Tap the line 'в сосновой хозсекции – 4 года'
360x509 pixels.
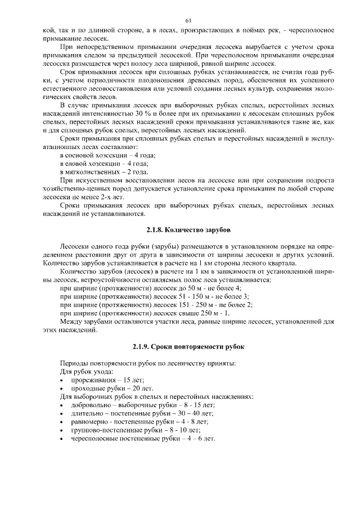[x=107, y=155]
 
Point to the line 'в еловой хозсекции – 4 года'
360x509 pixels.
[x=104, y=163]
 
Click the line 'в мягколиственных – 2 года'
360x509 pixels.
[x=104, y=172]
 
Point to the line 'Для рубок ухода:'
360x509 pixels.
[x=87, y=371]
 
